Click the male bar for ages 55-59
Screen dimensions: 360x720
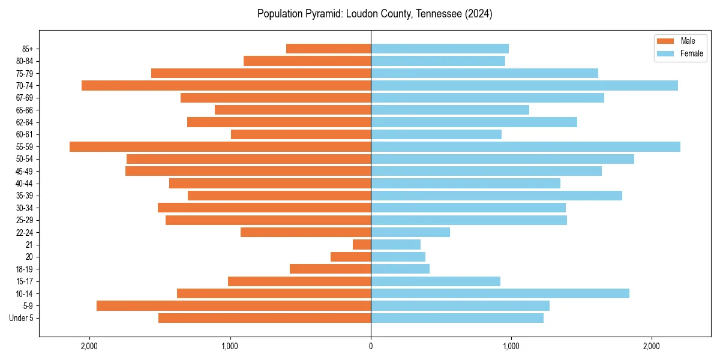pyautogui.click(x=220, y=146)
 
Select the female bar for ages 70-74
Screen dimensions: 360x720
pyautogui.click(x=524, y=85)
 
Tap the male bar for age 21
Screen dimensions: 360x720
pyautogui.click(x=362, y=244)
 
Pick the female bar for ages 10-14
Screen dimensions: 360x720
pyautogui.click(x=500, y=293)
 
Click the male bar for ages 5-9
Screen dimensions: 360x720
pyautogui.click(x=233, y=305)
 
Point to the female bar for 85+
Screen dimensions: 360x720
pyautogui.click(x=439, y=49)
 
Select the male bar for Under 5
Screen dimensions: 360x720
pyautogui.click(x=265, y=318)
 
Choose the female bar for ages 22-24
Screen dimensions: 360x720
pyautogui.click(x=410, y=232)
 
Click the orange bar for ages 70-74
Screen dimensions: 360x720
pyautogui.click(x=226, y=85)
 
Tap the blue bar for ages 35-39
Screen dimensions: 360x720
pyautogui.click(x=496, y=196)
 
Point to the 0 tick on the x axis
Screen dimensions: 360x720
pyautogui.click(x=371, y=346)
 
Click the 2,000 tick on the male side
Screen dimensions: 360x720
pyautogui.click(x=89, y=346)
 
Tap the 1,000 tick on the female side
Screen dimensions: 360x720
pyautogui.click(x=511, y=346)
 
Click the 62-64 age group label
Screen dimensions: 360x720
pyautogui.click(x=25, y=122)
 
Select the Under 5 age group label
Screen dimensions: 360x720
pyautogui.click(x=22, y=318)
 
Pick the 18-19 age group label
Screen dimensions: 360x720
pyautogui.click(x=25, y=269)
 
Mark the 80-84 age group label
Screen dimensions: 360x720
pyautogui.click(x=25, y=61)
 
